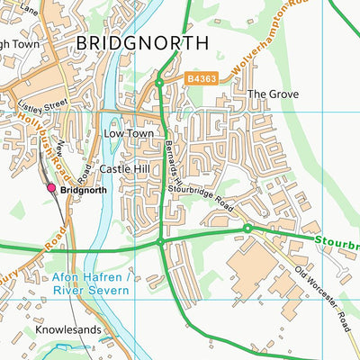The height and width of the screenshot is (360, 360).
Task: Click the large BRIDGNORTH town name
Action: [x=141, y=42]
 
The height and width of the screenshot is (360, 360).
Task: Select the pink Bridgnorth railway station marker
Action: [x=51, y=188]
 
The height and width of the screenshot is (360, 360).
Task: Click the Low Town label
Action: [x=125, y=133]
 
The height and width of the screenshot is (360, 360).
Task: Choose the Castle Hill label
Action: [x=124, y=168]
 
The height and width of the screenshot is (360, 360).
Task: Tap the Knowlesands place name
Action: [x=68, y=330]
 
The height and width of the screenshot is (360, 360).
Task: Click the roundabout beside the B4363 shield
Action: [x=158, y=83]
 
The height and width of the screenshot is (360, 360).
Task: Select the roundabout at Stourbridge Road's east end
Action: [x=247, y=229]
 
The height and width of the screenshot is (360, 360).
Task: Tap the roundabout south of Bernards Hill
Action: [x=160, y=242]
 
